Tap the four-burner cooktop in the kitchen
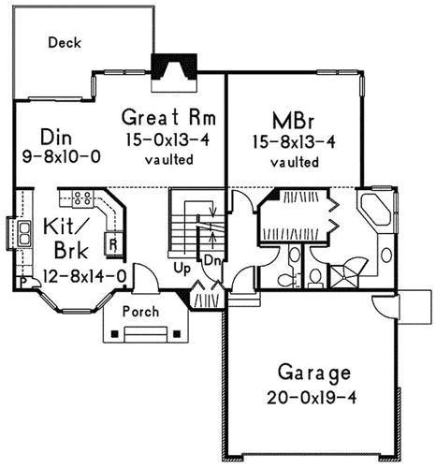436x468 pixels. click(x=81, y=197)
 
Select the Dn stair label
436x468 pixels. click(x=212, y=259)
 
